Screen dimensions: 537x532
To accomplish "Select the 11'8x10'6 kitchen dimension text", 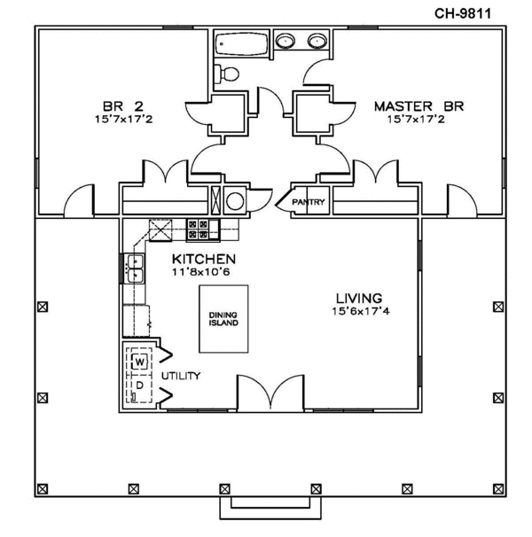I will click(x=202, y=272).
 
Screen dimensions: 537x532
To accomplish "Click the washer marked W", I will click(x=140, y=362).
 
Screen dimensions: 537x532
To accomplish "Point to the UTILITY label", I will click(x=181, y=376).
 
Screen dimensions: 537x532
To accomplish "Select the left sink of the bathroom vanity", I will click(x=286, y=41).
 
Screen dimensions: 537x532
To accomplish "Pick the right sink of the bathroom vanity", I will click(x=317, y=41).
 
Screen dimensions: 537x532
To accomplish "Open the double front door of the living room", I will click(x=267, y=393).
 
